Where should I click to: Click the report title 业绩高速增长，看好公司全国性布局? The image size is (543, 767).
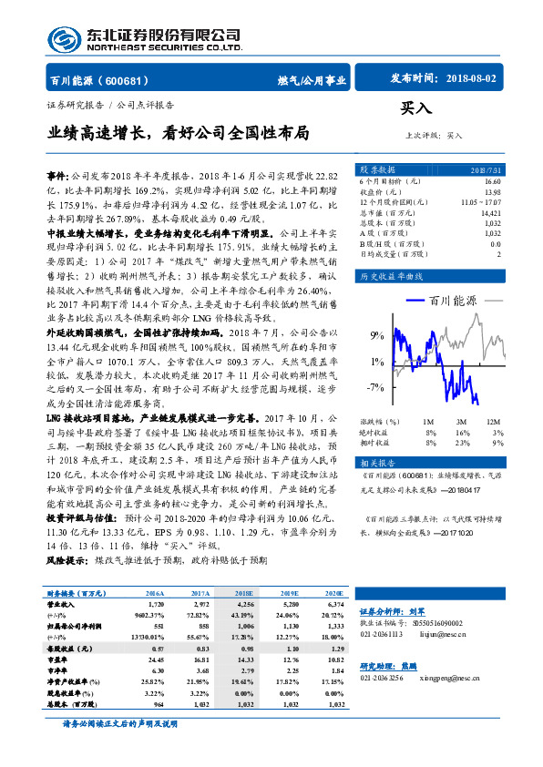(x=179, y=133)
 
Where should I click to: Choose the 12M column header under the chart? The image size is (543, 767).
(x=494, y=422)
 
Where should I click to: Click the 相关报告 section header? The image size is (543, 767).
(x=376, y=463)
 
